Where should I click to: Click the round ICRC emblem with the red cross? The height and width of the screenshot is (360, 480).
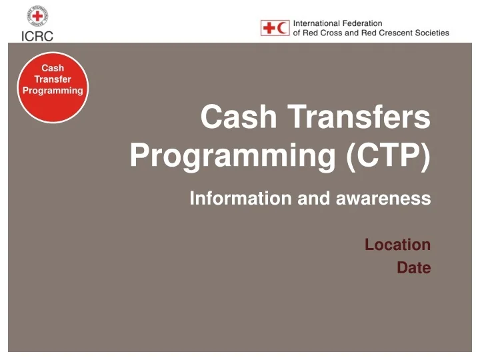coord(37,16)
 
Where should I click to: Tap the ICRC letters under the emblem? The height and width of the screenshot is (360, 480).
coord(37,36)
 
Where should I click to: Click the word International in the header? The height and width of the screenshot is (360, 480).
coord(317,23)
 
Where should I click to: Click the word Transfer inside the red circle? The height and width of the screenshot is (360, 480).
coord(53,79)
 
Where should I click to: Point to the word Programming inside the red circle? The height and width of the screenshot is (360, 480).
coord(53,90)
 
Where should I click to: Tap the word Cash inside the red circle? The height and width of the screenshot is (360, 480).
coord(53,68)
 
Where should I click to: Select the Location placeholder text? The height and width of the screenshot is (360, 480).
coord(397,245)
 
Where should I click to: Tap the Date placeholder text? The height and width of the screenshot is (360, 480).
coord(413,268)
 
